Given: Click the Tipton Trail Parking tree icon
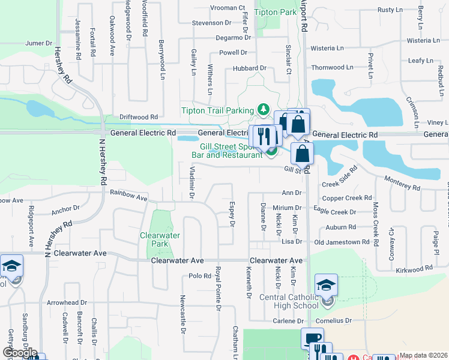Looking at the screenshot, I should click(262, 109).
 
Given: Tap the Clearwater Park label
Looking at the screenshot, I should click(160, 240).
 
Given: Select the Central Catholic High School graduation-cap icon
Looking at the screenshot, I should click(326, 285).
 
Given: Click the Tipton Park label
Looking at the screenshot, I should click(276, 12).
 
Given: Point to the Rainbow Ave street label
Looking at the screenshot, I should click(129, 196).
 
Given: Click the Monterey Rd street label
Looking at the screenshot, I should click(402, 187).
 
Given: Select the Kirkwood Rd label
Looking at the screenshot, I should click(414, 270).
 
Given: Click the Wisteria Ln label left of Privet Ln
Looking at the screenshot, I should click(328, 48).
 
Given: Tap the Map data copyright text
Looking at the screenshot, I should click(423, 355).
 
